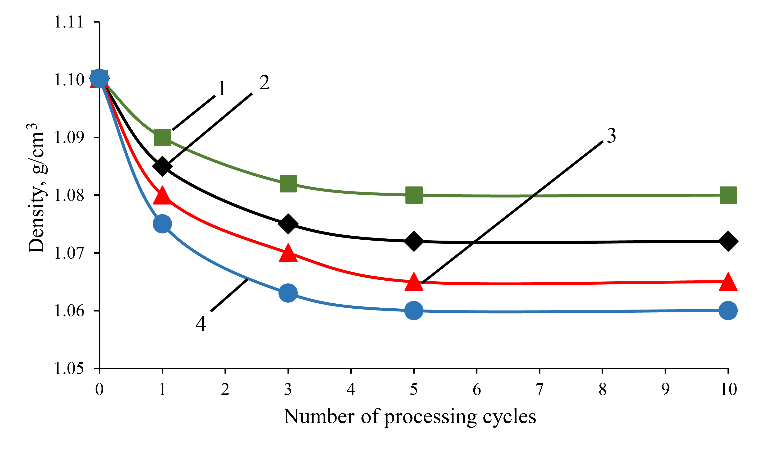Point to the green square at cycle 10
[728, 195]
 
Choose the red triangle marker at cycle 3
[288, 253]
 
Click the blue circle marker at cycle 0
[99, 78]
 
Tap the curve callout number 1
[222, 89]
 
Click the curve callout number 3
[611, 136]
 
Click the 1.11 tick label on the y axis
[69, 22]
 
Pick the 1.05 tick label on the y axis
[69, 368]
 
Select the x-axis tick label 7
[539, 389]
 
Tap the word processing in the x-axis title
[430, 417]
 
